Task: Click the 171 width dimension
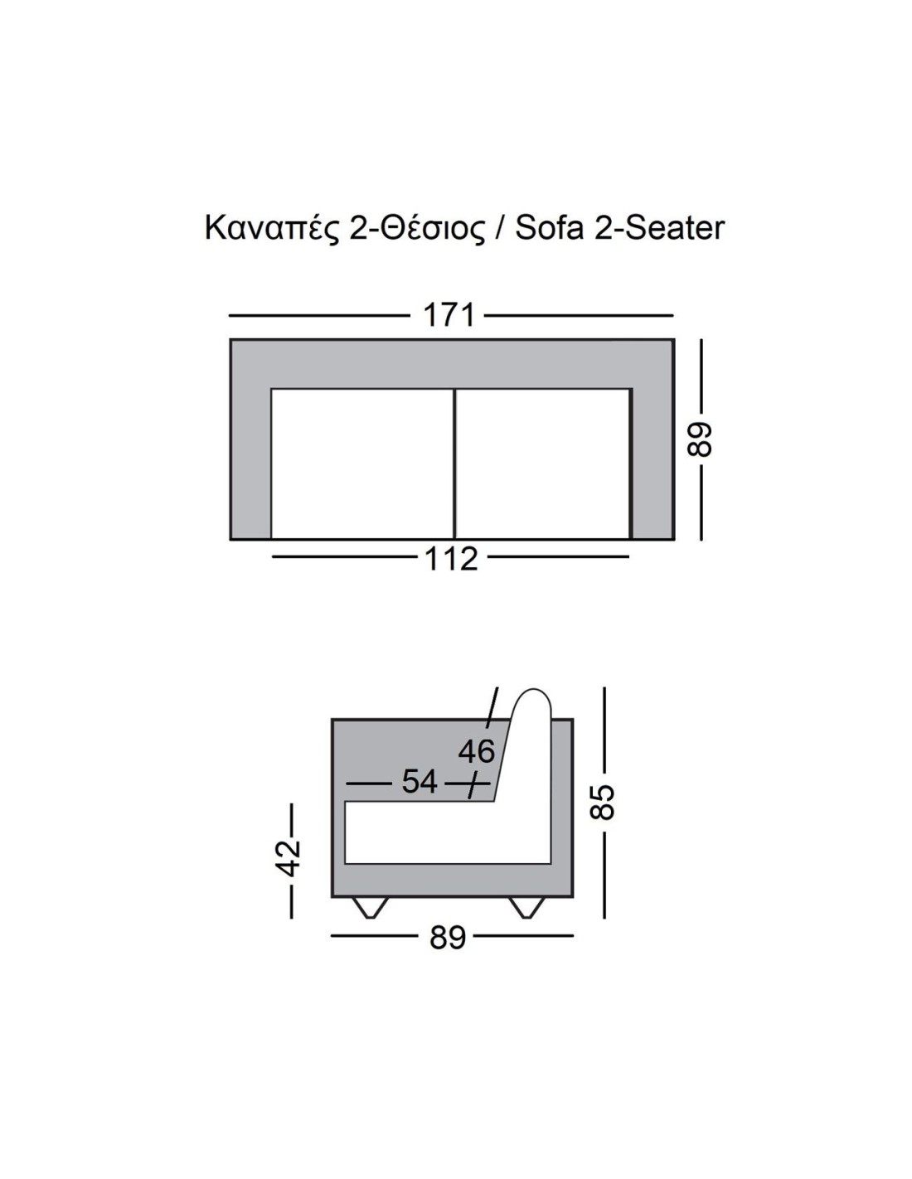click(449, 315)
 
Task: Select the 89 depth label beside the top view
click(699, 439)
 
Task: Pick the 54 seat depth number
click(419, 783)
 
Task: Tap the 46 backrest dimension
click(477, 752)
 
